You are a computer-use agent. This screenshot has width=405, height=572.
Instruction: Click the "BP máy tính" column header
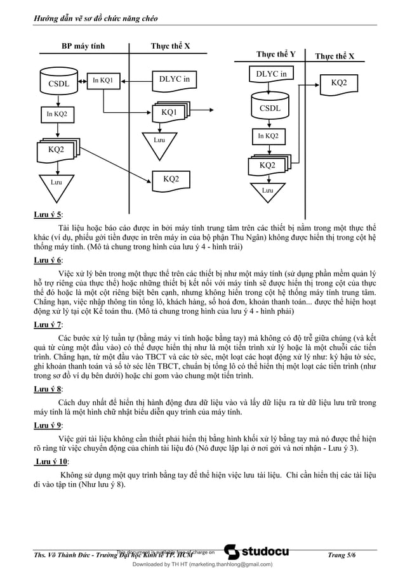click(83, 46)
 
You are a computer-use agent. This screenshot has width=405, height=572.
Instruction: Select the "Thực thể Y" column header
click(276, 54)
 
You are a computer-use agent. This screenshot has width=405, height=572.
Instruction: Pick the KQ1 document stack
click(169, 112)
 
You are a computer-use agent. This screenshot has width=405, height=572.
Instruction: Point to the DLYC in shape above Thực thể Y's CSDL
click(271, 75)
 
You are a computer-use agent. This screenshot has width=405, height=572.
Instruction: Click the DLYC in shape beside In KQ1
click(173, 80)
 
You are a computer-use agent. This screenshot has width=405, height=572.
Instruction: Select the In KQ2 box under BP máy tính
click(56, 114)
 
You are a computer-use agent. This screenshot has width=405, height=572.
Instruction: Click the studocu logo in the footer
click(257, 552)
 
